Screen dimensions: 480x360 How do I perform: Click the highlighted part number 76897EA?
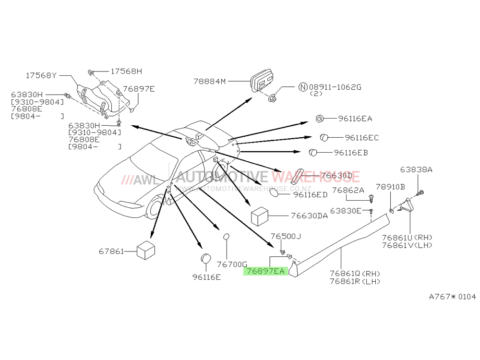pyautogui.click(x=265, y=271)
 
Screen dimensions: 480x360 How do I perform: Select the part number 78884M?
pyautogui.click(x=209, y=82)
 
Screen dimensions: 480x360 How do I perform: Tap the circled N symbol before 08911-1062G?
pyautogui.click(x=303, y=87)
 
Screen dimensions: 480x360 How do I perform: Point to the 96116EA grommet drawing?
pyautogui.click(x=319, y=118)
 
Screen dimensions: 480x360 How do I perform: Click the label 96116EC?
pyautogui.click(x=361, y=138)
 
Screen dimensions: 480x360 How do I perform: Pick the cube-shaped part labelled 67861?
pyautogui.click(x=146, y=250)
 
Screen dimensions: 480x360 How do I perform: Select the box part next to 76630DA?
pyautogui.click(x=260, y=216)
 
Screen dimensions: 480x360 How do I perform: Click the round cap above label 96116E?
pyautogui.click(x=206, y=259)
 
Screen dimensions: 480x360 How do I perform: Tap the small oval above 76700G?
pyautogui.click(x=226, y=237)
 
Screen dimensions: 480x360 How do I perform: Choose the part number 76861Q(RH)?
pyautogui.click(x=355, y=274)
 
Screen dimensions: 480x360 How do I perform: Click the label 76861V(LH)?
pyautogui.click(x=407, y=245)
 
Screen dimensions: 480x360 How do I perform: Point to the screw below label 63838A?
pyautogui.click(x=420, y=193)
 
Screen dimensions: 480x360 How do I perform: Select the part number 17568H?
pyautogui.click(x=126, y=72)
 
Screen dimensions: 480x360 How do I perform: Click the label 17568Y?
pyautogui.click(x=41, y=76)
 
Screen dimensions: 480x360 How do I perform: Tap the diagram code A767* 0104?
pyautogui.click(x=453, y=297)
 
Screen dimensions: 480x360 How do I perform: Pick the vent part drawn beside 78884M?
pyautogui.click(x=262, y=81)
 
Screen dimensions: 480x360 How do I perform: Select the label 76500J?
pyautogui.click(x=286, y=236)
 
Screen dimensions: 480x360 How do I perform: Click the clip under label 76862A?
pyautogui.click(x=372, y=199)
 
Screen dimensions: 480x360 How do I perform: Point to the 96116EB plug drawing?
pyautogui.click(x=312, y=152)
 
